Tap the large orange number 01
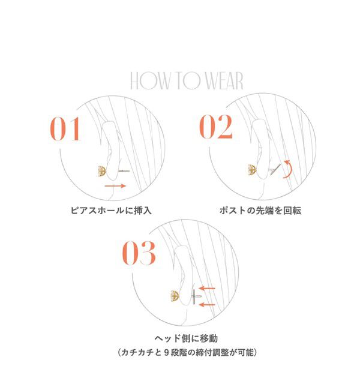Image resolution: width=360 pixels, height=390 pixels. tap(64, 129)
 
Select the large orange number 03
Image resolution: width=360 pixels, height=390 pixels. tap(140, 254)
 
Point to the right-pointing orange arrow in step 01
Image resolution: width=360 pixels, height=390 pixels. tap(115, 187)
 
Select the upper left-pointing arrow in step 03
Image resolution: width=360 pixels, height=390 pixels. tap(208, 289)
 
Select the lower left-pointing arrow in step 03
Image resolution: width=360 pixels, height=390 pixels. tap(208, 305)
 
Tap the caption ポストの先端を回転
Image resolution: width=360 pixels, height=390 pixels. tap(261, 211)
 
